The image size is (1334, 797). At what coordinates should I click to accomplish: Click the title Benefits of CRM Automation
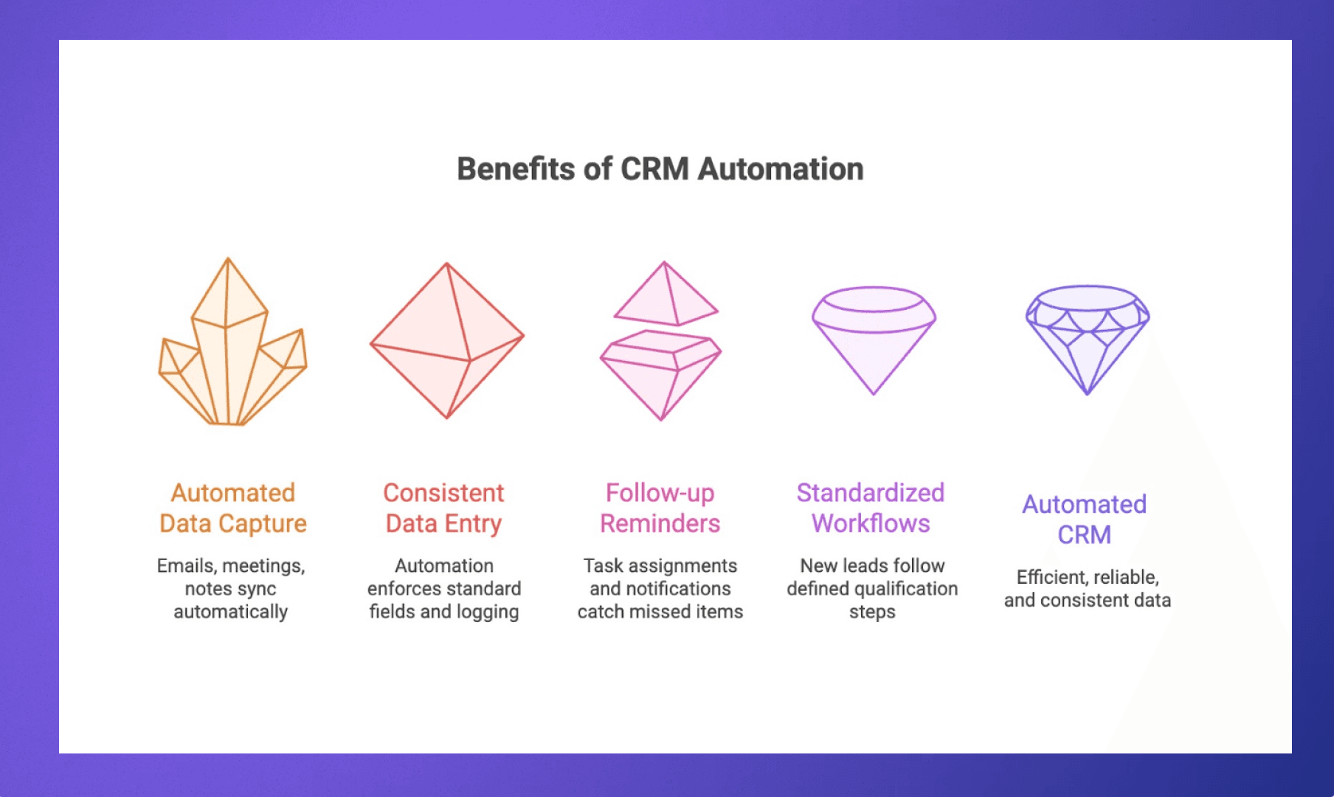[x=660, y=169]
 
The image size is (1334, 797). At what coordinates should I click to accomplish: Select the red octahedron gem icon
[x=447, y=341]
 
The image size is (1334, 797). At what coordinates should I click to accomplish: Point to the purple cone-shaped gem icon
[x=874, y=339]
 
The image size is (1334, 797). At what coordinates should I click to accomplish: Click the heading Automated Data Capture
[x=232, y=508]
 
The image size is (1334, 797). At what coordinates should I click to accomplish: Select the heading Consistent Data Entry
[x=443, y=508]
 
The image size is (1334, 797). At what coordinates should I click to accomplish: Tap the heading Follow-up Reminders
[x=660, y=508]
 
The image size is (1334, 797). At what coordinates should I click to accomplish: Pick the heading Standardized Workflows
[x=871, y=508]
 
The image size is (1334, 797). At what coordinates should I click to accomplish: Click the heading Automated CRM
[x=1084, y=519]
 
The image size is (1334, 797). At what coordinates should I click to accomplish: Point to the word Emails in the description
[x=186, y=566]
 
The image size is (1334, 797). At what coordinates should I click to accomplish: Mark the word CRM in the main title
[x=654, y=169]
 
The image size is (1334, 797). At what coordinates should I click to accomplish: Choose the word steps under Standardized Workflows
[x=872, y=612]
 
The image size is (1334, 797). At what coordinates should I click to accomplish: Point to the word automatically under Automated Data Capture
[x=231, y=612]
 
